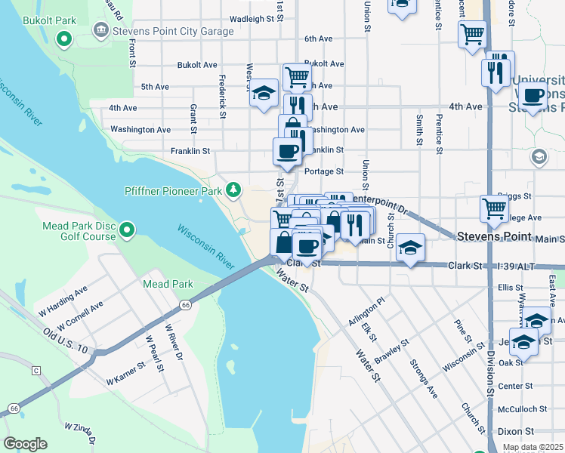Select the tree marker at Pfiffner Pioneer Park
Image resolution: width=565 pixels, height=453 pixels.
click(234, 188)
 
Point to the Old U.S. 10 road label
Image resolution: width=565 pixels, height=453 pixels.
click(66, 342)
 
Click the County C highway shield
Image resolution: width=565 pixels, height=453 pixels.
click(36, 370)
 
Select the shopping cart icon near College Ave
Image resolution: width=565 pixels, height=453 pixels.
click(494, 208)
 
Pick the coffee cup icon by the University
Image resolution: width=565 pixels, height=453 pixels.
click(533, 97)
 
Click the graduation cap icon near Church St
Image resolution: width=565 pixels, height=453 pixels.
click(410, 248)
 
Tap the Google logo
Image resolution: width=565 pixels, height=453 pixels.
click(25, 443)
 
